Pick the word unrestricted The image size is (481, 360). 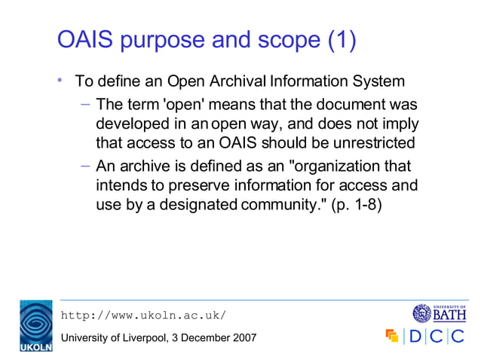[x=366, y=142]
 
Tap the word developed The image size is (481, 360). [x=131, y=123]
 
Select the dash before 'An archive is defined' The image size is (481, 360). [x=85, y=166]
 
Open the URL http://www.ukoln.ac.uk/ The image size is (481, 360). [x=142, y=315]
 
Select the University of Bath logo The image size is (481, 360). [x=439, y=313]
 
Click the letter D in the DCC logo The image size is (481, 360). [x=415, y=336]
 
